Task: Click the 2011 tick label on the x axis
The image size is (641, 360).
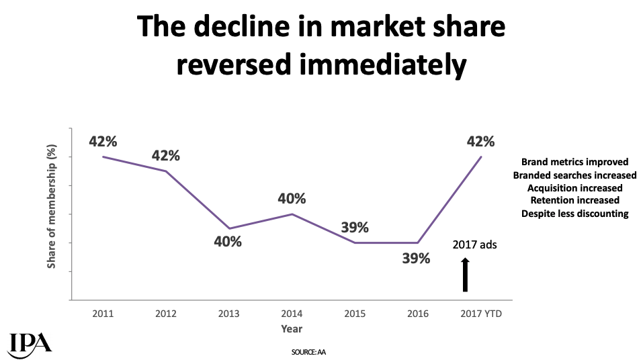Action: pos(103,314)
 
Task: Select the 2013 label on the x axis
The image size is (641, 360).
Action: pos(228,314)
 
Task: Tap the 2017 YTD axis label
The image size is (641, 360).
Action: pos(480,314)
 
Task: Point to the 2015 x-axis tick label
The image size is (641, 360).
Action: pos(354,314)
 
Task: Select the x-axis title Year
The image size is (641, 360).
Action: pos(292,329)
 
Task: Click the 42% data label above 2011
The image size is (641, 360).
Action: pos(103,142)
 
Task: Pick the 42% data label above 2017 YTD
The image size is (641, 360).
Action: pos(480,142)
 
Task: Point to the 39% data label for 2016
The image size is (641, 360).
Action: pos(416,257)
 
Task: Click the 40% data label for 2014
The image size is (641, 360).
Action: pos(292,199)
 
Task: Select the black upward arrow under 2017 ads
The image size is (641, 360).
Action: pos(464,275)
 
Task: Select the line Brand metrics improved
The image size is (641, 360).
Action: pos(574,162)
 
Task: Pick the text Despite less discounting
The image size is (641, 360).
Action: pos(574,214)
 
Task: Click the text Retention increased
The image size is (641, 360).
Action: pos(574,200)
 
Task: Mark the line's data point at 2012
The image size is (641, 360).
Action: pos(166,171)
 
